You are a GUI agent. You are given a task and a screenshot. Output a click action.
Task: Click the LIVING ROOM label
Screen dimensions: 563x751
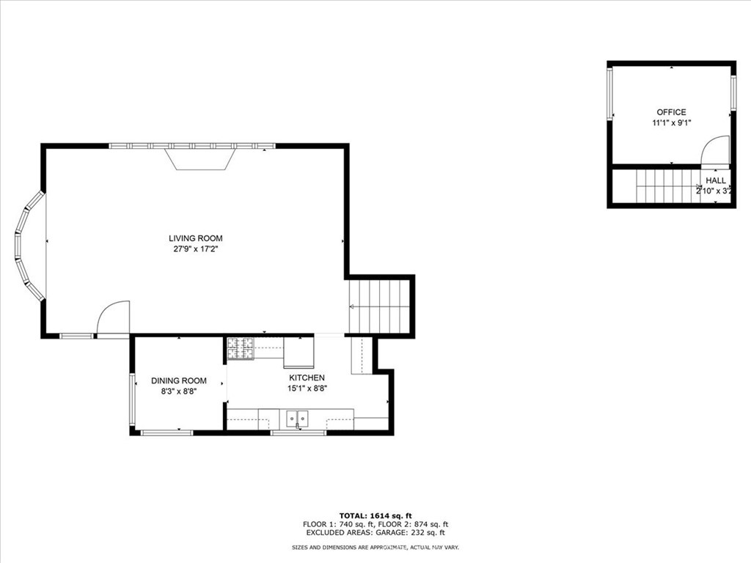(195, 238)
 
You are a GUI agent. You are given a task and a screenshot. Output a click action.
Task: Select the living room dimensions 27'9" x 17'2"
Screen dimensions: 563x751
(195, 249)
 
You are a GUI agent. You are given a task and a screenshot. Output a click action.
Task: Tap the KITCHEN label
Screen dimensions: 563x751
(307, 378)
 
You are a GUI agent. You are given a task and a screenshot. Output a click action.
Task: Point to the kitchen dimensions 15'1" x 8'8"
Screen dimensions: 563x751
(307, 389)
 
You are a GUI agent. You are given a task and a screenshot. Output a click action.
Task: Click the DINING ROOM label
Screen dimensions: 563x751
(178, 380)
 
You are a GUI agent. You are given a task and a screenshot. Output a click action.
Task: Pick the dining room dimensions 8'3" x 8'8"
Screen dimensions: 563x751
(178, 391)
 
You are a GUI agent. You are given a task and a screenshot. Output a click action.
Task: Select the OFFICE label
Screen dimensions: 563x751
(671, 112)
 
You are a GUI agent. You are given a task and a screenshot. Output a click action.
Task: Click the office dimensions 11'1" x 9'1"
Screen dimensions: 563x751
(671, 123)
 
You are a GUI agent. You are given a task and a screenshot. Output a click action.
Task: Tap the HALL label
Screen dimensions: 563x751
(716, 180)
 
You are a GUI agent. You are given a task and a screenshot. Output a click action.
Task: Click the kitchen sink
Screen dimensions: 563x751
(298, 418)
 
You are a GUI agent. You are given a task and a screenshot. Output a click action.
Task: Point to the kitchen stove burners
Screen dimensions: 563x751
(240, 348)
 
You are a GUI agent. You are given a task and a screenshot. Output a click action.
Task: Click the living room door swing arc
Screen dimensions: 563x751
(114, 317)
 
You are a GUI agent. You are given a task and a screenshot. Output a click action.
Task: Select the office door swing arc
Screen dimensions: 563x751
(715, 152)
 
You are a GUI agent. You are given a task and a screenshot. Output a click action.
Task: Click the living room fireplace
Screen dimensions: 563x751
(199, 158)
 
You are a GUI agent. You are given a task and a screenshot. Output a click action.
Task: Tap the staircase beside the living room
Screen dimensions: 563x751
(379, 305)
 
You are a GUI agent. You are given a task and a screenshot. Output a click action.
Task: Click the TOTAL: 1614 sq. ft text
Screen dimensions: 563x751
(375, 515)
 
